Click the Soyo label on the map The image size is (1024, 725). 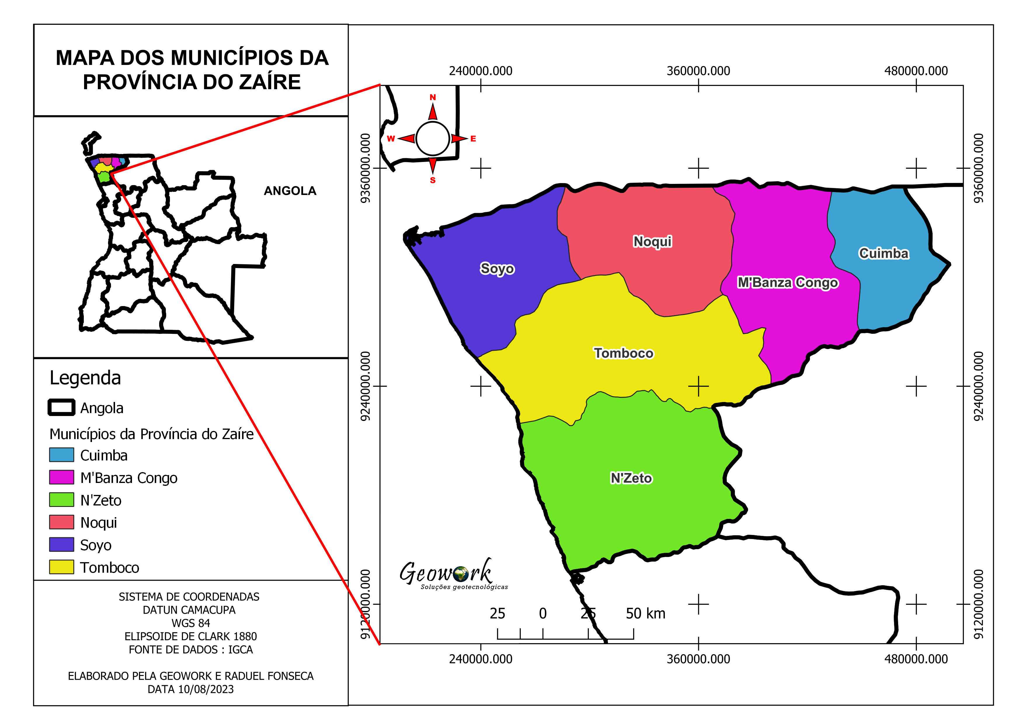pos(497,269)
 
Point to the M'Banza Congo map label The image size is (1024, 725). pos(787,283)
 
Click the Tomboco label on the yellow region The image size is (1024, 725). pos(623,353)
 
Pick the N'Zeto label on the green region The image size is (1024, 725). pos(631,478)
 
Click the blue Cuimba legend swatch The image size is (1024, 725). pos(62,455)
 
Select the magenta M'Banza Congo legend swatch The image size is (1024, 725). pos(62,477)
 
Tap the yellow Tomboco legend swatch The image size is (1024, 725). pos(62,567)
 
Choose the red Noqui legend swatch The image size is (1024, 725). pos(62,522)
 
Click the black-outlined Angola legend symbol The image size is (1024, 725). pos(62,408)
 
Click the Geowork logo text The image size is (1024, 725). pos(446,573)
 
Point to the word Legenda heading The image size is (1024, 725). pos(85,378)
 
